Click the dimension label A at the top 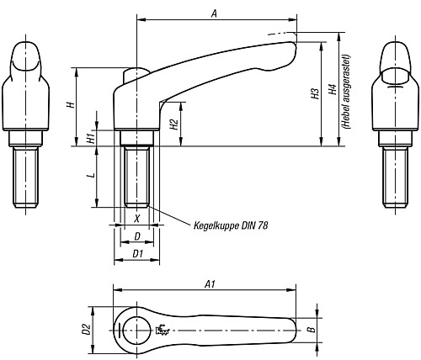(214, 13)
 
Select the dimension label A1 (210, 285)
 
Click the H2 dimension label (174, 124)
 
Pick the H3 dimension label (315, 93)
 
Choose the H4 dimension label (333, 89)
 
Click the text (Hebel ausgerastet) (347, 92)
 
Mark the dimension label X (136, 219)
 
